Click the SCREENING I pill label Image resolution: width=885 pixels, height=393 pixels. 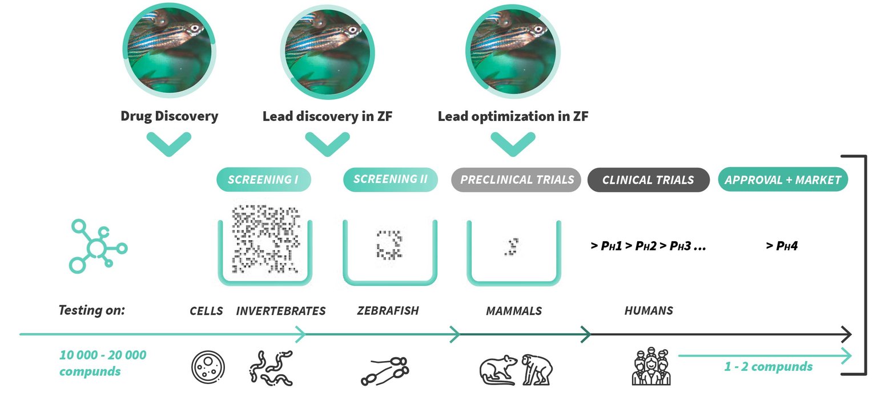tap(264, 179)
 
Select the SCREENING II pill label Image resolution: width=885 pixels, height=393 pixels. tap(390, 179)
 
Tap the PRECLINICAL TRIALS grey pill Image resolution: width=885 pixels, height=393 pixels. tap(516, 180)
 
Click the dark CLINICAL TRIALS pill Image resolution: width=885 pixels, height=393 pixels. tap(648, 180)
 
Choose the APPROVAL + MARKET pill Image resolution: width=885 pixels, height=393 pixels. tap(783, 180)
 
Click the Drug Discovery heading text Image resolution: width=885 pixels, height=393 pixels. tap(169, 116)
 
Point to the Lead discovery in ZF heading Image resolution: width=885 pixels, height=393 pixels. tap(328, 116)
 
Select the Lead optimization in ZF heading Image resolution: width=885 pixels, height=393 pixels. tap(513, 116)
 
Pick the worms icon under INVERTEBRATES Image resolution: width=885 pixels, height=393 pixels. tap(271, 367)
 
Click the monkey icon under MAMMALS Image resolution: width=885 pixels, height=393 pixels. tap(537, 368)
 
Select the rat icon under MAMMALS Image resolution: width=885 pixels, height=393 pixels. tap(498, 369)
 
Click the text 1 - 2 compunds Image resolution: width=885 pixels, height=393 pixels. tap(768, 366)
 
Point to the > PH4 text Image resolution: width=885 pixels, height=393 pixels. tap(782, 246)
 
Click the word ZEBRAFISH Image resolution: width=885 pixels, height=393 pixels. tap(388, 311)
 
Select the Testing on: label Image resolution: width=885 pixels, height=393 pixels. tap(91, 311)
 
